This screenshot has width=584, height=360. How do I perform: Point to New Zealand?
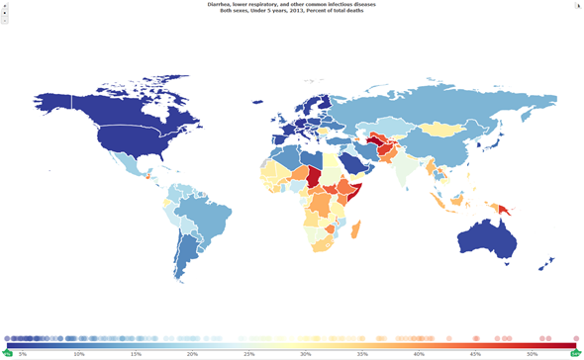(547, 264)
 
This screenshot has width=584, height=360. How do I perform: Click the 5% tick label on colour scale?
(22, 353)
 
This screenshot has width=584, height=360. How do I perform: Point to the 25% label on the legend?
(248, 353)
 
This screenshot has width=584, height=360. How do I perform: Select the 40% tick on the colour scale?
(419, 353)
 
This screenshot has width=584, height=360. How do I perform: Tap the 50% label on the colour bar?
(533, 353)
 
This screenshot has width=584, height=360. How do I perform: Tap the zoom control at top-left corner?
(4, 12)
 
